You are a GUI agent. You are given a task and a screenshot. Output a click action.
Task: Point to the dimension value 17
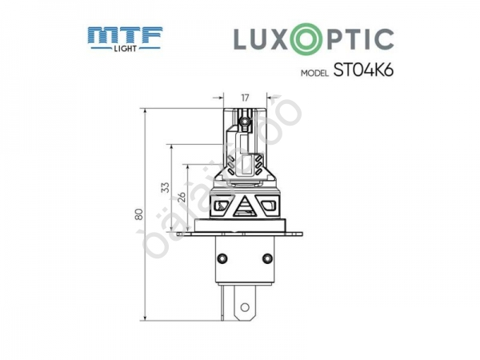coord(246,98)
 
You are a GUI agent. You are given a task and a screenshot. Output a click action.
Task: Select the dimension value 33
coord(166,186)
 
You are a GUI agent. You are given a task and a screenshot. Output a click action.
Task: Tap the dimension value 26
coord(181,197)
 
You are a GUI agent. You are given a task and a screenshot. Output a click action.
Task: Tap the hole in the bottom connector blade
coord(245,305)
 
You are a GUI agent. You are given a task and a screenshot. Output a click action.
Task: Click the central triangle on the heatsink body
coord(245,209)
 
